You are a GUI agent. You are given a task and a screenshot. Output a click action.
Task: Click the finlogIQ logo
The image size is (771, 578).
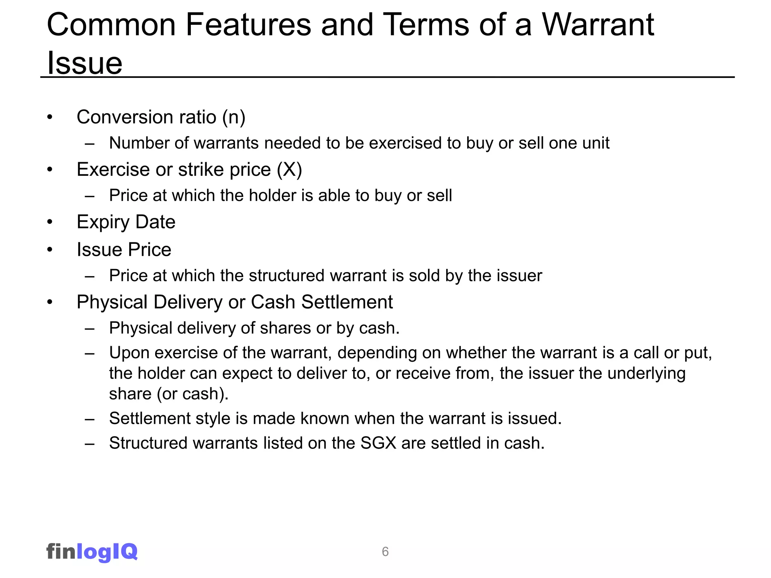pyautogui.click(x=92, y=552)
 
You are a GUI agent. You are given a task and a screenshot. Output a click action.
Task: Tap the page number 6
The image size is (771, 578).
pyautogui.click(x=385, y=552)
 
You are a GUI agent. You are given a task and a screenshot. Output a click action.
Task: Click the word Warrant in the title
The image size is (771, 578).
pyautogui.click(x=598, y=25)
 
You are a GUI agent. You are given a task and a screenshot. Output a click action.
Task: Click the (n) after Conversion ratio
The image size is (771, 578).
pyautogui.click(x=234, y=117)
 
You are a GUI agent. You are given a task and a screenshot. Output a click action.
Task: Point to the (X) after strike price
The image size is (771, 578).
pyautogui.click(x=289, y=170)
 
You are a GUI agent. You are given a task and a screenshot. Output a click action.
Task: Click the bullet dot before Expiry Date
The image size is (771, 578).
pyautogui.click(x=50, y=222)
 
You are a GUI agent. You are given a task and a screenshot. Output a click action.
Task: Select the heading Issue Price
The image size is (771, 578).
pyautogui.click(x=124, y=249)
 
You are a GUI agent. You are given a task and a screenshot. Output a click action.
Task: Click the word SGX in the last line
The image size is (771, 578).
pyautogui.click(x=378, y=443)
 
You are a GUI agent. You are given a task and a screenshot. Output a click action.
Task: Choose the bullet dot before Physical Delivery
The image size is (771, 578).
pyautogui.click(x=50, y=302)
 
